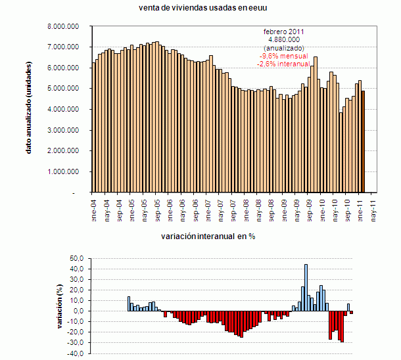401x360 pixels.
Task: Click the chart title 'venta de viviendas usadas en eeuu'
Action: [202, 7]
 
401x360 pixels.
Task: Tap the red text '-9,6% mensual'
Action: [285, 56]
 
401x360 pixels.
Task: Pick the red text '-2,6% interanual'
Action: [285, 64]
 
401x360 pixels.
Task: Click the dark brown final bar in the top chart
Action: [363, 141]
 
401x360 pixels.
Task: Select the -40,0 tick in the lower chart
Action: [76, 353]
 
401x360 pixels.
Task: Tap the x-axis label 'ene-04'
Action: [93, 208]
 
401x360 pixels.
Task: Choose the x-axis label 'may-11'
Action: [374, 208]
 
